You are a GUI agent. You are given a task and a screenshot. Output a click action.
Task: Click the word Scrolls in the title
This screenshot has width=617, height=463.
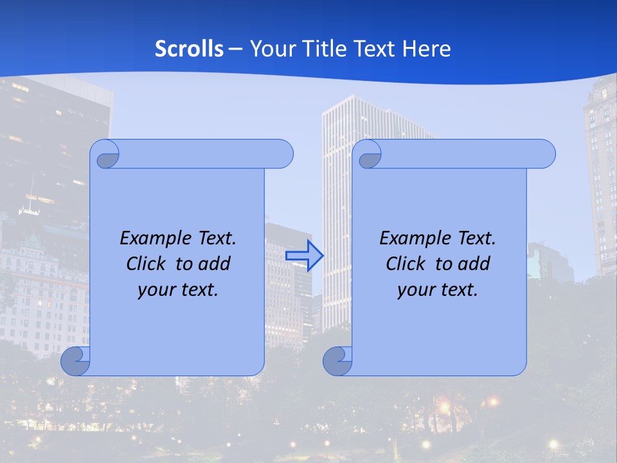pyautogui.click(x=190, y=49)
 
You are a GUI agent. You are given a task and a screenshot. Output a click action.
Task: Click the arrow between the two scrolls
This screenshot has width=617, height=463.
pyautogui.click(x=304, y=256)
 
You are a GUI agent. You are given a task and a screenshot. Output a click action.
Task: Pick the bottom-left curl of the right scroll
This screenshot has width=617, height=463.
pyautogui.click(x=337, y=361)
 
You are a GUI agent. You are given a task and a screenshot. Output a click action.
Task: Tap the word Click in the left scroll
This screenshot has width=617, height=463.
pyautogui.click(x=146, y=264)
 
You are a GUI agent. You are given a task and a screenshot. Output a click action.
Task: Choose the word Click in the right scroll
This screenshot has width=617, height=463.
pyautogui.click(x=405, y=264)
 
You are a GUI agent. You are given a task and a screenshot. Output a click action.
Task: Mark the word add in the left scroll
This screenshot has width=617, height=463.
pyautogui.click(x=215, y=264)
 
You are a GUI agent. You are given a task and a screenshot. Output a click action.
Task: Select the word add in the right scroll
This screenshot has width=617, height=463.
pyautogui.click(x=475, y=264)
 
